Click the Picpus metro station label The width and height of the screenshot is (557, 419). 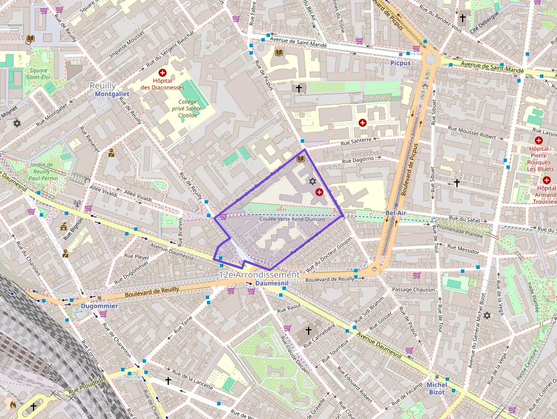(x=401, y=63)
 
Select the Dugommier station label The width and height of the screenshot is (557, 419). (x=99, y=306)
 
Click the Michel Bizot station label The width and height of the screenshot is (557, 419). (x=437, y=388)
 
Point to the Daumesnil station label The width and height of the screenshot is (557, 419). (x=272, y=283)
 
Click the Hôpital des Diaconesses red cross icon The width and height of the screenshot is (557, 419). (x=163, y=73)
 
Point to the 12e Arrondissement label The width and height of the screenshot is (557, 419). (x=259, y=275)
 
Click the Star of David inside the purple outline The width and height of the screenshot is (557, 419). (x=312, y=181)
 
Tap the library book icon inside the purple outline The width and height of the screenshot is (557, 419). (x=301, y=159)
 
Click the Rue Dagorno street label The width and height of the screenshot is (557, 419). (x=358, y=160)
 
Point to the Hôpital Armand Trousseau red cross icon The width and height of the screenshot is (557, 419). (x=547, y=180)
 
